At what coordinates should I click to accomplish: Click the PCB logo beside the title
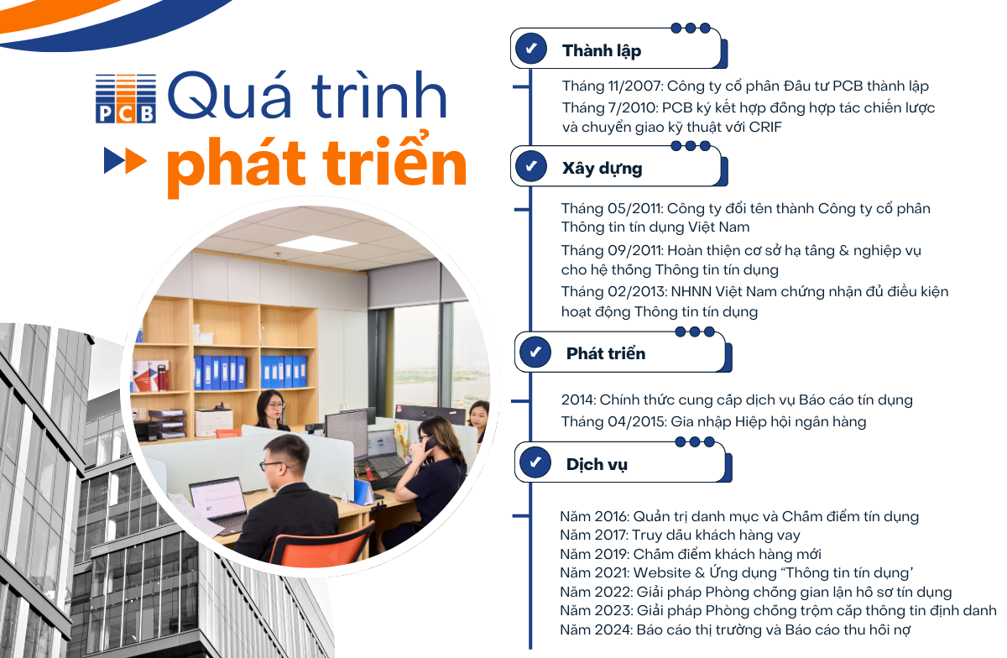pos(126,98)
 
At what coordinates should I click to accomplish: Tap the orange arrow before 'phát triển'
pos(136,160)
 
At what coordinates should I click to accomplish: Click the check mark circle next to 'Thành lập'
pos(531,49)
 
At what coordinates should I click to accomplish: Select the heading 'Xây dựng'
pos(602,169)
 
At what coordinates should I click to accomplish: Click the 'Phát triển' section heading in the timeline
pos(606,353)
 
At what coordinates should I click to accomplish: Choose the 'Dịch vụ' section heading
pos(597,465)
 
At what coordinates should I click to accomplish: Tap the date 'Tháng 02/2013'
pos(613,292)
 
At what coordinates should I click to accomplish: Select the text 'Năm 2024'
pos(596,630)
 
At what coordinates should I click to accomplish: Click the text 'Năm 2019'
pos(594,555)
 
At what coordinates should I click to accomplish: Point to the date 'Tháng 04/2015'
pos(613,422)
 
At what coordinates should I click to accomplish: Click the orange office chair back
pos(321,544)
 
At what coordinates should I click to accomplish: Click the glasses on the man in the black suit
pos(271,466)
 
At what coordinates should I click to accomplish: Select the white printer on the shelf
pos(214,422)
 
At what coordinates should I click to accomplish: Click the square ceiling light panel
pos(317,243)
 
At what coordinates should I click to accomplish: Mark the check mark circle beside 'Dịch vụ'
pos(535,462)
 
